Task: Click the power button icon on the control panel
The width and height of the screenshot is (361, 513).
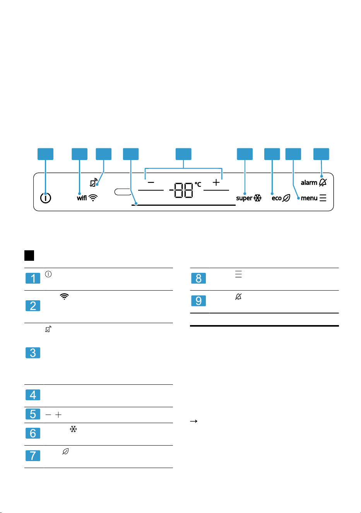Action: click(46, 198)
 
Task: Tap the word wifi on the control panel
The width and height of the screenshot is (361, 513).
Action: click(82, 198)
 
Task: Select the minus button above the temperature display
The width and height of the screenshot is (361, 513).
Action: click(151, 182)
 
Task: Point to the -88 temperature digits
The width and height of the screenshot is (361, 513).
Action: click(181, 190)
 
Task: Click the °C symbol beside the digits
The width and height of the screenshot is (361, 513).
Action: click(198, 184)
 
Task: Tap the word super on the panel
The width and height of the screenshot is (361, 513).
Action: click(244, 198)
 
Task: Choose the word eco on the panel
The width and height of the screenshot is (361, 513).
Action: click(276, 198)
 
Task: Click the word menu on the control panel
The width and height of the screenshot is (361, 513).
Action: click(309, 198)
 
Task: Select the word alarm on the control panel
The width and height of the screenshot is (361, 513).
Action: click(309, 182)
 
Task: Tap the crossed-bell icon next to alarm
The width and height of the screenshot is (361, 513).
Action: click(323, 182)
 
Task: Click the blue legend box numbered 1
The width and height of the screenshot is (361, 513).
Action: click(33, 278)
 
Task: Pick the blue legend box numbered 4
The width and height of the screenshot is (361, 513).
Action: click(33, 395)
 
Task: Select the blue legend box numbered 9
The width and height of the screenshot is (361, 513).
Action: click(198, 301)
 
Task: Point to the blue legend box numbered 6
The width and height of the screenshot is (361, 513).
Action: click(33, 433)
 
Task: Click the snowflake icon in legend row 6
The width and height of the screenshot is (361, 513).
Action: click(73, 429)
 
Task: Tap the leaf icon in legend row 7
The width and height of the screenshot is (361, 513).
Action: click(65, 451)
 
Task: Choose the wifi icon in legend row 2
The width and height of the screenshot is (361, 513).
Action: click(64, 296)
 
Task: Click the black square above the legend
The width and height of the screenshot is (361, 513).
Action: click(29, 255)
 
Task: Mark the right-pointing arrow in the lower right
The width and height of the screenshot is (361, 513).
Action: click(193, 421)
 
